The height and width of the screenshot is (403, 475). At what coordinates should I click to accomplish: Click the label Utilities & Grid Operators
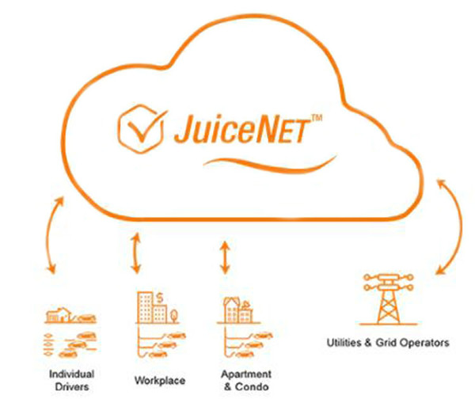pyautogui.click(x=388, y=344)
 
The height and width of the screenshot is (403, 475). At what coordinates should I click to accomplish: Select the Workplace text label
pyautogui.click(x=160, y=381)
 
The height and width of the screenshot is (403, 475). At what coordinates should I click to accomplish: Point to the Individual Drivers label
pyautogui.click(x=72, y=380)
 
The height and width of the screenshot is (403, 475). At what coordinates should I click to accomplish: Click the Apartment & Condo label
pyautogui.click(x=246, y=380)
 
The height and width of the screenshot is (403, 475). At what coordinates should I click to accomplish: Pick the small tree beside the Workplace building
pyautogui.click(x=177, y=314)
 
